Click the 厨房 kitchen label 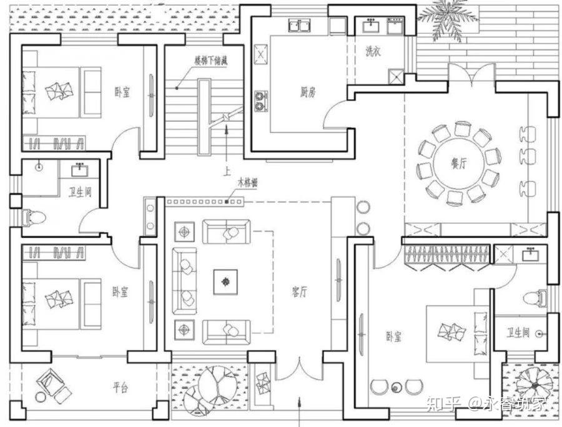pos(307,92)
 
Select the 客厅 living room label pos(300,292)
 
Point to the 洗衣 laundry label pos(373,52)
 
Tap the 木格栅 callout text pos(247,184)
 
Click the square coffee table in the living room pos(225,282)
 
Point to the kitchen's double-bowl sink pos(303,26)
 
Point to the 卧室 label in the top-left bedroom pos(122,92)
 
